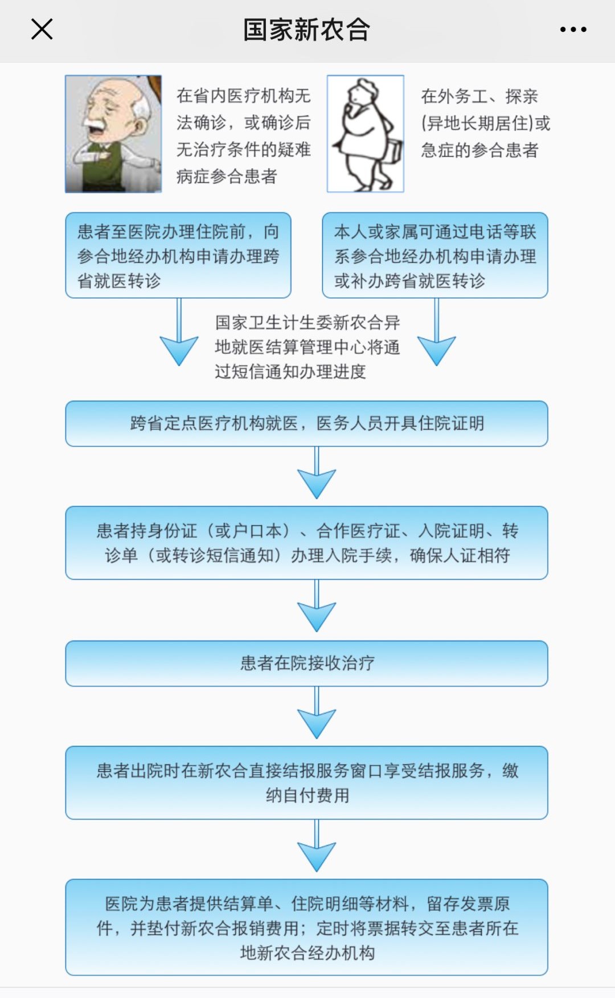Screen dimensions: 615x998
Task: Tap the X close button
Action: [x=42, y=29]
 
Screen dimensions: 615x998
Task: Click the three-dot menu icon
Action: [x=573, y=30]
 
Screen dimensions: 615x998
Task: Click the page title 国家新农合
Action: [x=306, y=30]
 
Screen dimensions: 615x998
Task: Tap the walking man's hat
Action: [x=365, y=87]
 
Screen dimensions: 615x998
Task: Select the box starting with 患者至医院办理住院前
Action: [x=178, y=255]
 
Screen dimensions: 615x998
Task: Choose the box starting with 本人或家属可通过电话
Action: [x=435, y=255]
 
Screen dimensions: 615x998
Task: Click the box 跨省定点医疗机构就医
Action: [x=306, y=423]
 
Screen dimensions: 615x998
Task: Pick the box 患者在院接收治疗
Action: [x=306, y=663]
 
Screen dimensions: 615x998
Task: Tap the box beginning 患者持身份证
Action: [x=306, y=543]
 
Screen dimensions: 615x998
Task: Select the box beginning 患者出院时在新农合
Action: [x=306, y=783]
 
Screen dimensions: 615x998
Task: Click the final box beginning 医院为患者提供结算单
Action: [x=306, y=927]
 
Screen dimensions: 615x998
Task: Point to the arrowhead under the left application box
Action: [x=179, y=350]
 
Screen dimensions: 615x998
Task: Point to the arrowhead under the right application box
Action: [x=436, y=350]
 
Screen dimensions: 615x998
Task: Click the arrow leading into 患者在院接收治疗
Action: [x=317, y=606]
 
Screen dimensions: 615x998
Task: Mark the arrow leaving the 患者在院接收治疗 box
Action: [x=317, y=713]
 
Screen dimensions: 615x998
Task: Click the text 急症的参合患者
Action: [x=479, y=150]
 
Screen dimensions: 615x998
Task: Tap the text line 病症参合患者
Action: [x=227, y=177]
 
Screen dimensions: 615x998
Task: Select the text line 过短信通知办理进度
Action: [x=290, y=371]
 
